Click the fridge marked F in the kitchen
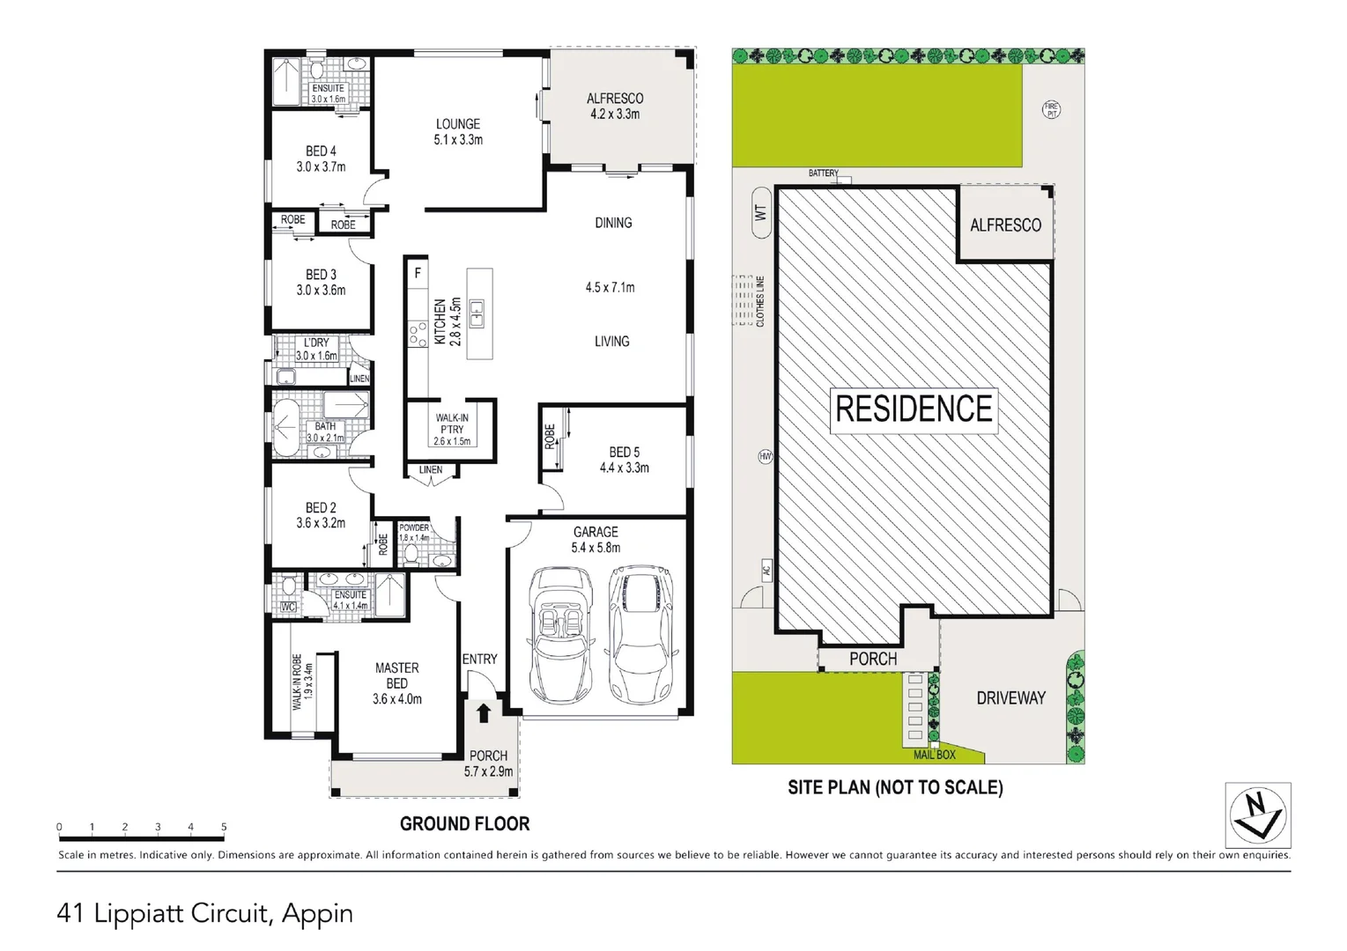coord(418,274)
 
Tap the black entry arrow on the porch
coord(484,713)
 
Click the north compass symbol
coord(1258,815)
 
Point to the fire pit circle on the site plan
coord(1051,110)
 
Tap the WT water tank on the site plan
coord(761,213)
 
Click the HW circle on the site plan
coord(765,457)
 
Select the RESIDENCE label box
coord(914,411)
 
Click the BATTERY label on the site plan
coord(823,173)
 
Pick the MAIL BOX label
coord(934,755)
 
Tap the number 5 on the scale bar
coord(224,827)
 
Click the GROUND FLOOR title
coord(465,823)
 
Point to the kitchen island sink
coord(477,313)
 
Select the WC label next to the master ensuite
coord(288,608)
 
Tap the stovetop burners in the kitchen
coord(417,335)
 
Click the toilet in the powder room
coord(411,556)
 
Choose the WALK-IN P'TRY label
coord(452,424)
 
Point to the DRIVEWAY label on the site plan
coord(1010,698)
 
